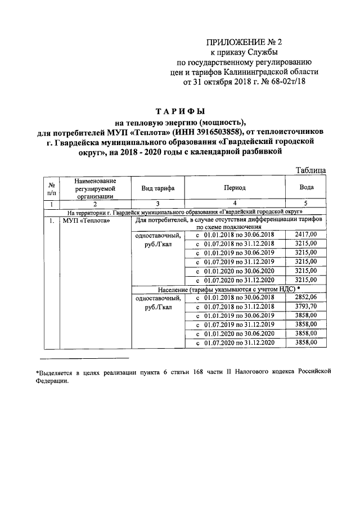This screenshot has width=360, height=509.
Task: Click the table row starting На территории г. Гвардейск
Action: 185,212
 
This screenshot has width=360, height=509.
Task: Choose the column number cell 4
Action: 235,204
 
